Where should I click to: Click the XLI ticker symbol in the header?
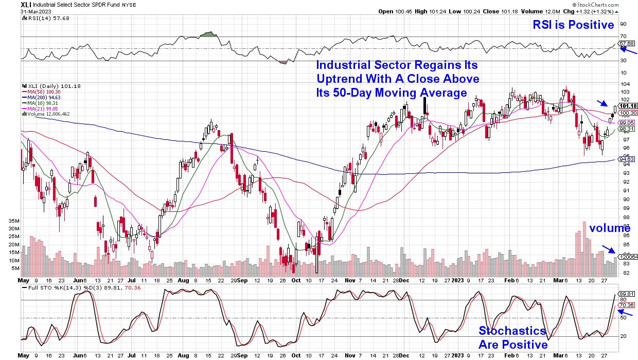27,4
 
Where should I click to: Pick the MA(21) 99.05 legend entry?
40,109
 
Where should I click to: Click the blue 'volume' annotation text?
610,228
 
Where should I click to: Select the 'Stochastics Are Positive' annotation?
512,337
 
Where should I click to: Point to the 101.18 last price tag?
629,107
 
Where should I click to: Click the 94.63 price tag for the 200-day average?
629,159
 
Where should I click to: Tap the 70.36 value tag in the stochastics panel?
629,305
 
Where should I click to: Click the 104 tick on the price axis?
624,84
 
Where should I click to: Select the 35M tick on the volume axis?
14,220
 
